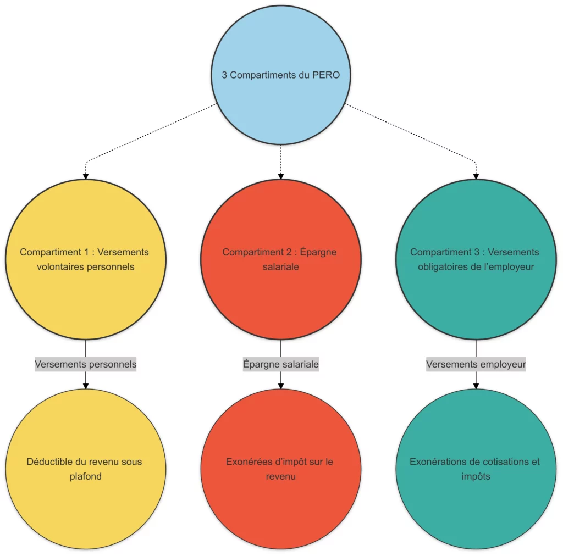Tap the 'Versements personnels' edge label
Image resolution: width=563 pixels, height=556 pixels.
[x=86, y=364]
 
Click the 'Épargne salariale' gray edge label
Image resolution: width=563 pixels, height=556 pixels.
[x=281, y=364]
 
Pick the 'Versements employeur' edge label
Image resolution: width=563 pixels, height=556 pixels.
[x=476, y=364]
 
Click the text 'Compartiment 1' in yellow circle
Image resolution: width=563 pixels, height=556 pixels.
[x=54, y=252]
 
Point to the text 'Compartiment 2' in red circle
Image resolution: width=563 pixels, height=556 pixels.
[x=256, y=252]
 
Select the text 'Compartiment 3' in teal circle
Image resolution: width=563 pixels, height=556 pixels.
[x=444, y=252]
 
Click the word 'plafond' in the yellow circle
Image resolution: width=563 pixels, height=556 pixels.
[x=86, y=476]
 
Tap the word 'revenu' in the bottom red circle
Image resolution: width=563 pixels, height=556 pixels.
[x=281, y=476]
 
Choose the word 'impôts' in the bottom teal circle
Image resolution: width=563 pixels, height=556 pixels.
[x=476, y=476]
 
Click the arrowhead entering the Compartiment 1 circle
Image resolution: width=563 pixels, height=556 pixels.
[x=86, y=176]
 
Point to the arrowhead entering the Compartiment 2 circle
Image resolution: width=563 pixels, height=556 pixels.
[x=281, y=176]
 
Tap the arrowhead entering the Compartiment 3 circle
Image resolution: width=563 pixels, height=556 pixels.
[x=476, y=176]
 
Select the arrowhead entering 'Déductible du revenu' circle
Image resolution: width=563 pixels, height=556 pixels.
[x=86, y=385]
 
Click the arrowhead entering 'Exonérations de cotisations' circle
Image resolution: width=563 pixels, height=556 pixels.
[x=476, y=385]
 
